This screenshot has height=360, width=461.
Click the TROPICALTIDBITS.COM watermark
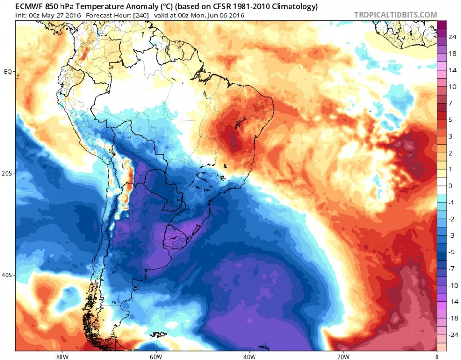(x=395, y=15)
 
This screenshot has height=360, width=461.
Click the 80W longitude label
(x=61, y=357)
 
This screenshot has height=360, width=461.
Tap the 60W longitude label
(x=155, y=357)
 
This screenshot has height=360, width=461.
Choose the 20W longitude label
(x=342, y=357)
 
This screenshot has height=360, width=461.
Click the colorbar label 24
(x=452, y=37)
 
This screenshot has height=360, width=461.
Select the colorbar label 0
(x=450, y=186)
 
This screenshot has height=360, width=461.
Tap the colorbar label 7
(x=450, y=103)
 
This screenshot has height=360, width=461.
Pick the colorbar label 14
(x=452, y=70)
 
